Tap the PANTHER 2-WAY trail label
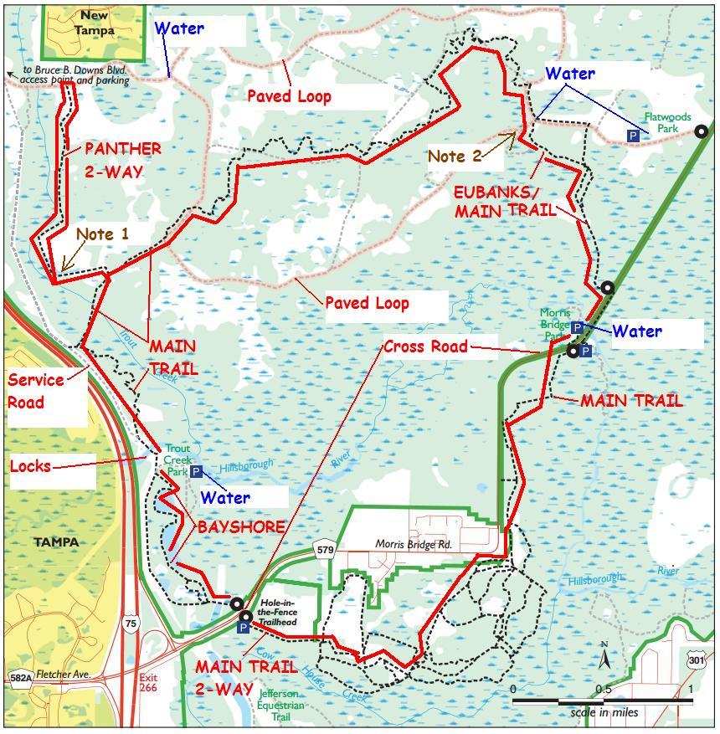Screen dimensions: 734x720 [x=122, y=160]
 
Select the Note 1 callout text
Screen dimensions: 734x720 [x=102, y=234]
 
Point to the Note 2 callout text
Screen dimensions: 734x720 [x=455, y=156]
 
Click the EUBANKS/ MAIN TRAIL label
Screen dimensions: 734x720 [x=505, y=202]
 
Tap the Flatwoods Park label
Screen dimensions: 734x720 [x=667, y=123]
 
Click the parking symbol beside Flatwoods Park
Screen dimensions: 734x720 [x=633, y=135]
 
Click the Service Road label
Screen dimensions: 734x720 [x=36, y=391]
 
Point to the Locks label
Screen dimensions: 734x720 [x=30, y=466]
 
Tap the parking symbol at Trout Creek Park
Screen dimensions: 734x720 [x=195, y=472]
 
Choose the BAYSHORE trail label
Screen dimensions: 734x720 [x=241, y=527]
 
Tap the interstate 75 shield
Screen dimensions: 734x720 [x=130, y=623]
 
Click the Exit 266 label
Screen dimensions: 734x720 [x=148, y=681]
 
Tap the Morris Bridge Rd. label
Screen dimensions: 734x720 [x=413, y=545]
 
